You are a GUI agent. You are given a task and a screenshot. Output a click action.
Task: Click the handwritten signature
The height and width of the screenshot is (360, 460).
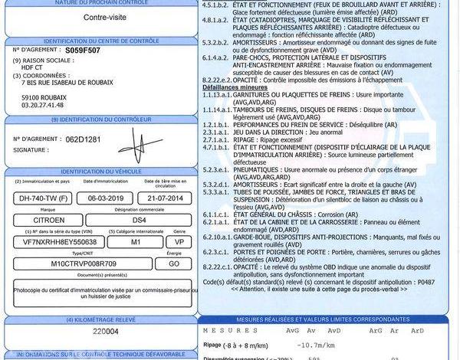coord(139,143)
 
